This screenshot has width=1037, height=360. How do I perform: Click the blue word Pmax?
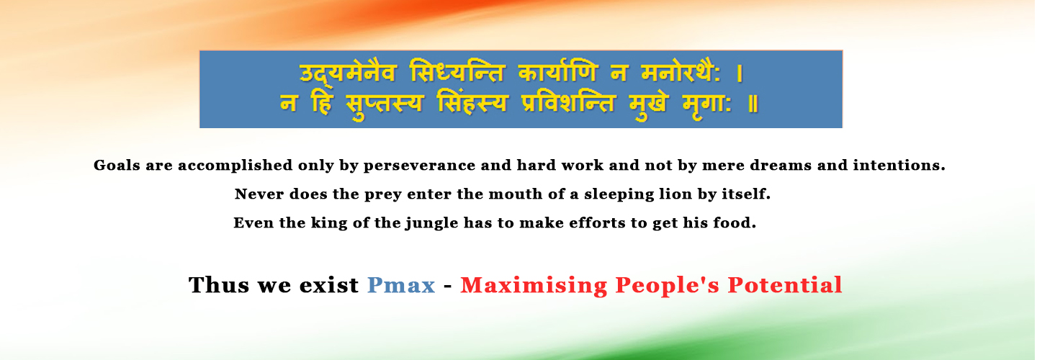click(401, 285)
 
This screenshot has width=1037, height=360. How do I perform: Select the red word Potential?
click(785, 285)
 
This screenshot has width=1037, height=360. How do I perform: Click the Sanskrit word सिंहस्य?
click(472, 103)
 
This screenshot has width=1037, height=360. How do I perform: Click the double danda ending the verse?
click(753, 104)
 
